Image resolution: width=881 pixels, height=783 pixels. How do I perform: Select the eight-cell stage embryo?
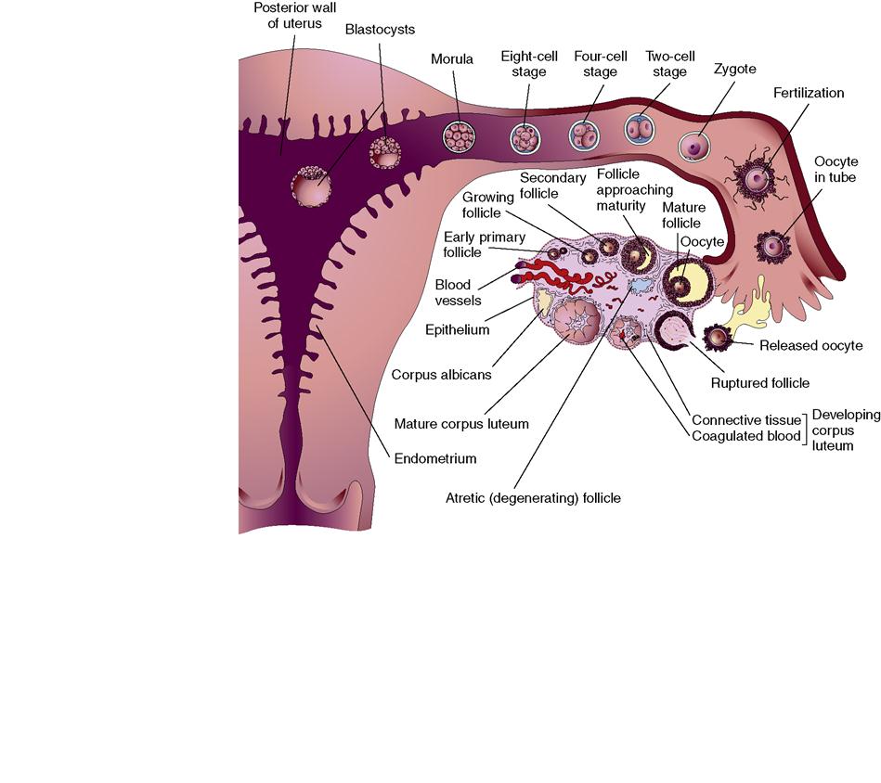(x=525, y=139)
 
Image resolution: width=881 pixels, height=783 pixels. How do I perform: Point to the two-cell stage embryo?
(x=639, y=129)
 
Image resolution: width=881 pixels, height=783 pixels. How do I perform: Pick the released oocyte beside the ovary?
(x=718, y=338)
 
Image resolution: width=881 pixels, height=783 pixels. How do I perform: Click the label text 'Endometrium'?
(x=435, y=458)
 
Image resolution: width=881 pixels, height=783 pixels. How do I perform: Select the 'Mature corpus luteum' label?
(x=461, y=424)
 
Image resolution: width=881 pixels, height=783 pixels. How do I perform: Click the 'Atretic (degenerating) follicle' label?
(x=533, y=498)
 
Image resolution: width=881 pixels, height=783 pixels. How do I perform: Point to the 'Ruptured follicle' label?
(x=760, y=382)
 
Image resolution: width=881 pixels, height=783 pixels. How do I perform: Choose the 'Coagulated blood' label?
(x=746, y=436)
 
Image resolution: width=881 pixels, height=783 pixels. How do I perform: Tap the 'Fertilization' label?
(x=808, y=93)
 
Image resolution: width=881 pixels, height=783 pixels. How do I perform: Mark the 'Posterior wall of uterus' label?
(x=295, y=15)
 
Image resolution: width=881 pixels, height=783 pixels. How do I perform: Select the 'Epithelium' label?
(x=457, y=329)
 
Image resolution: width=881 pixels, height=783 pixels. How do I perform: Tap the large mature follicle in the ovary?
(x=688, y=282)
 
